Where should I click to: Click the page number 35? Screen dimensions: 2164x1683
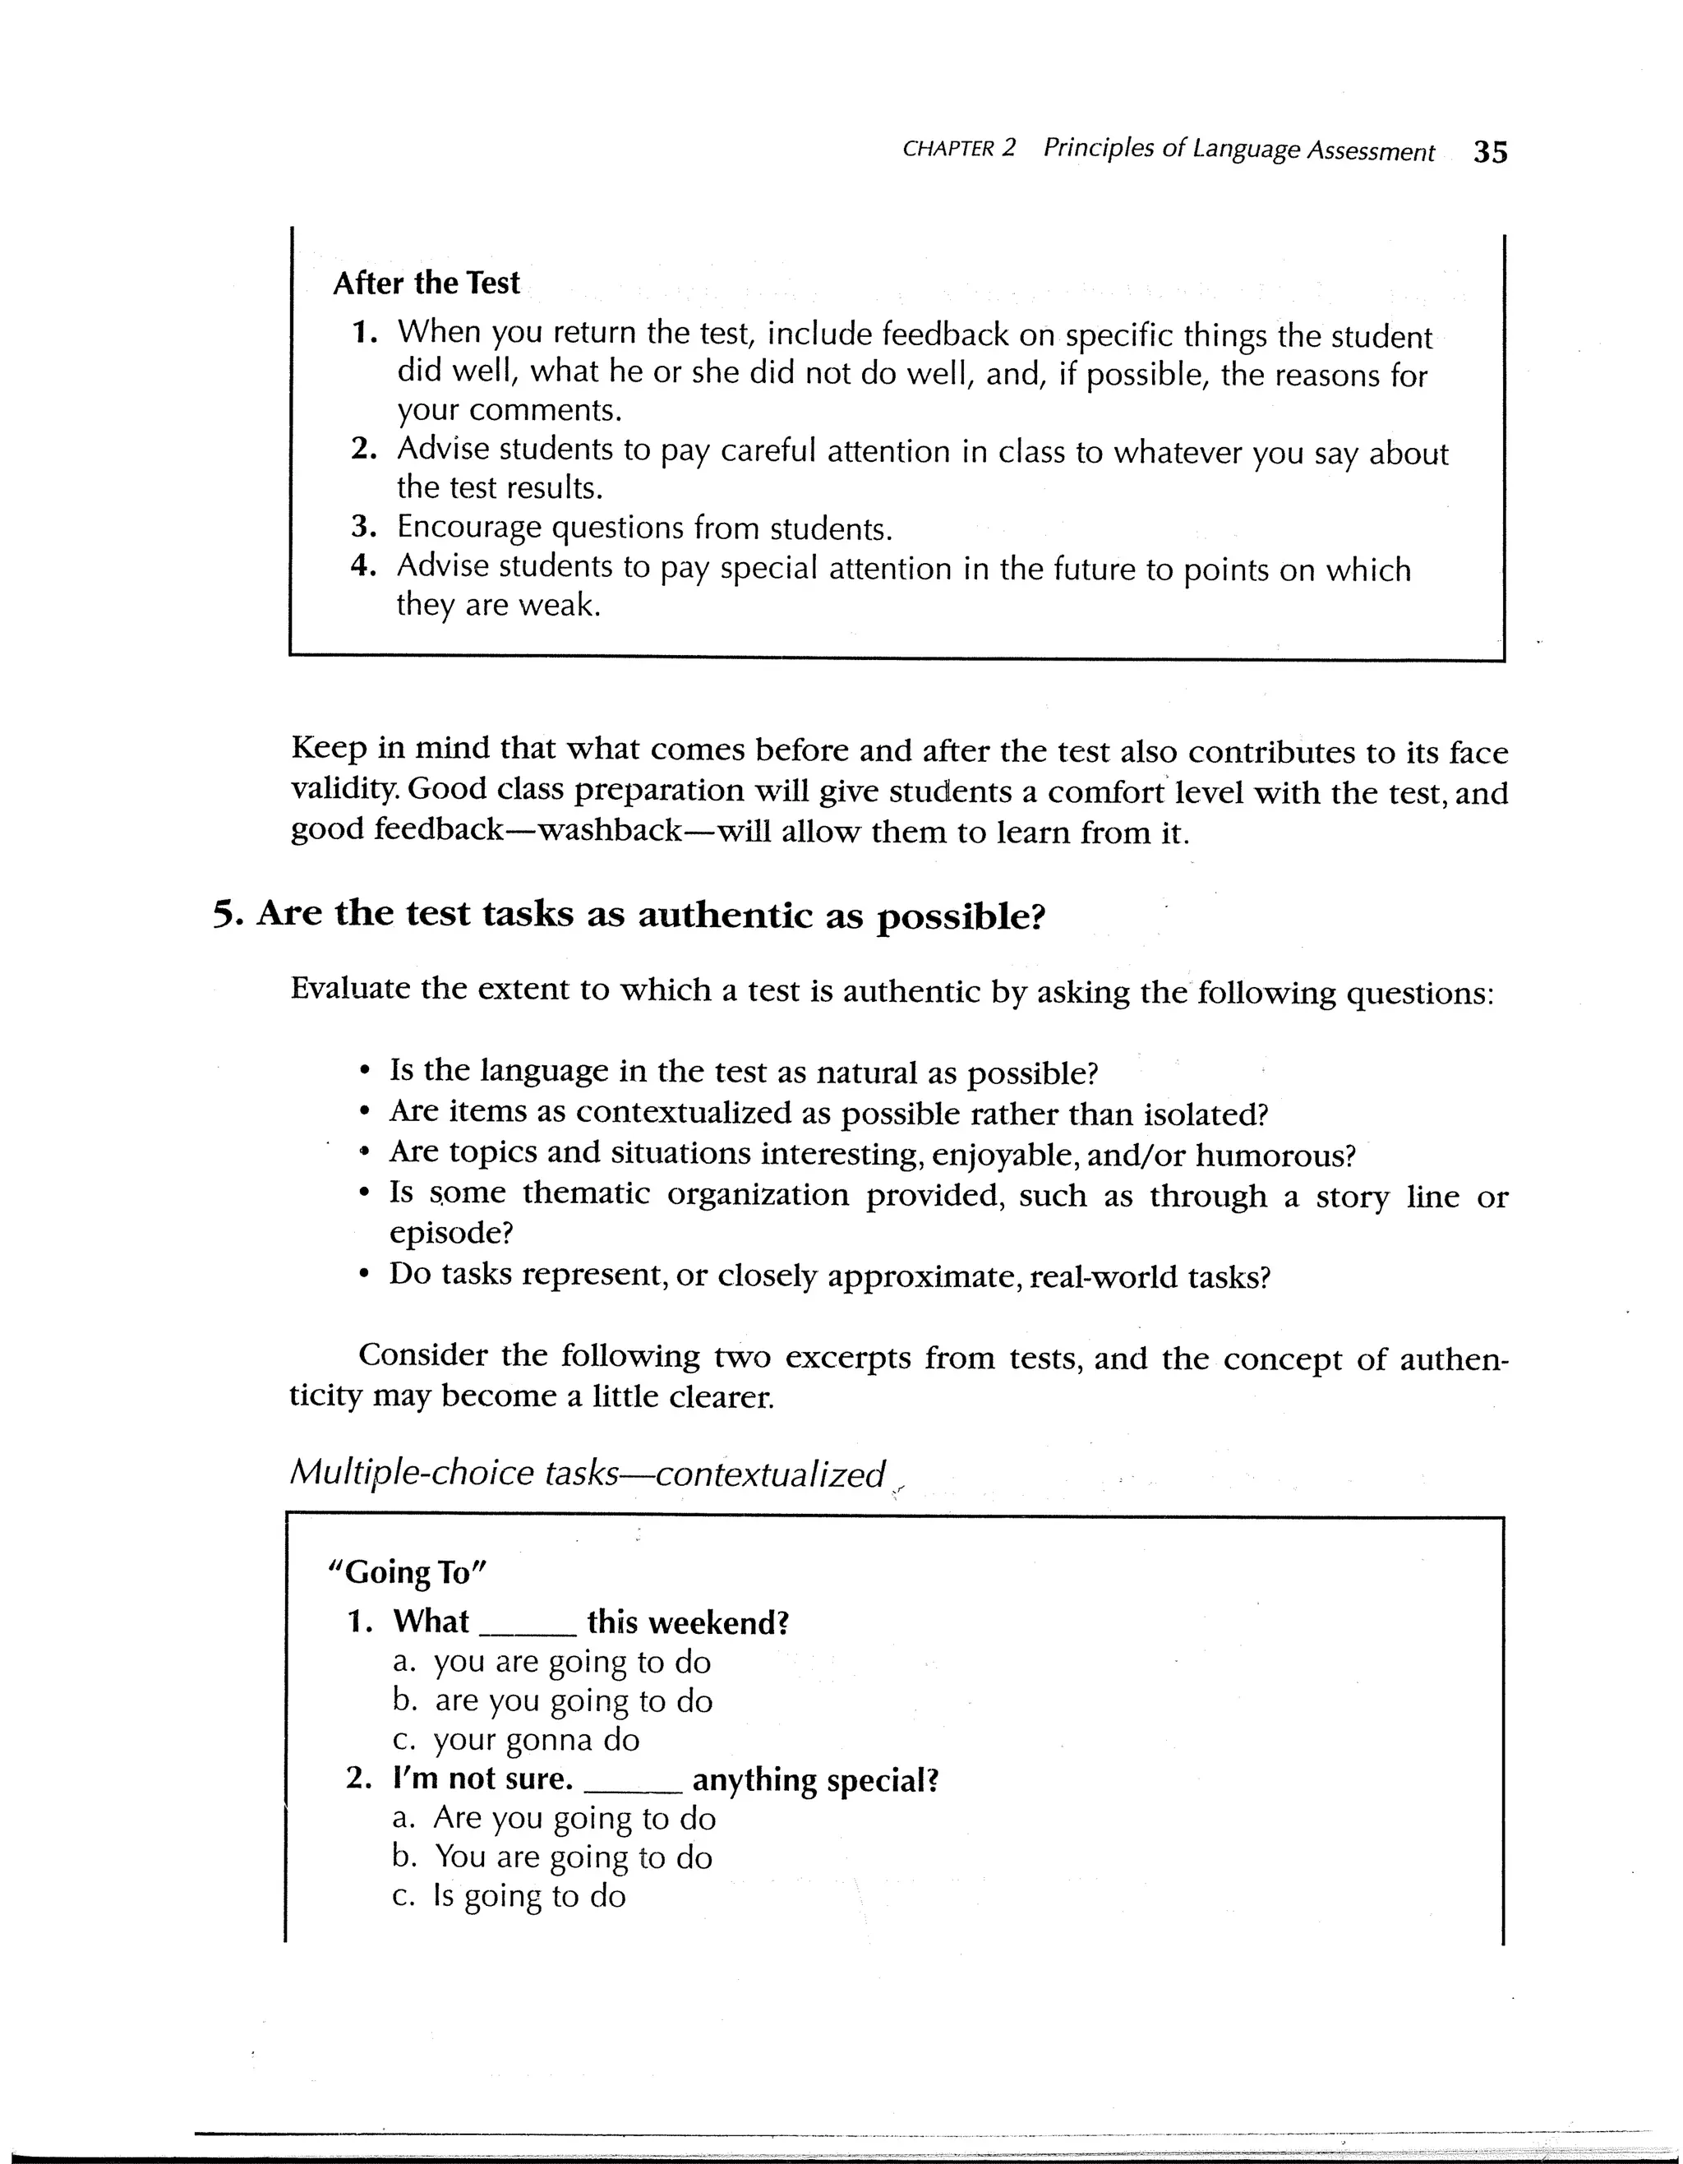coord(1490,151)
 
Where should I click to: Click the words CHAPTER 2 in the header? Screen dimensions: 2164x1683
coord(959,149)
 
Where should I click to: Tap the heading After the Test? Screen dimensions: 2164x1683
coord(426,284)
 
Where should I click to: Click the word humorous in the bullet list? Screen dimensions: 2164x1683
coord(1273,1156)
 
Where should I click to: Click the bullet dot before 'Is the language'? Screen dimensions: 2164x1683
coord(366,1073)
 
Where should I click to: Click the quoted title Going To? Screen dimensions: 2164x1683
coord(407,1572)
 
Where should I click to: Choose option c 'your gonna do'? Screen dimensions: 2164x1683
coord(536,1739)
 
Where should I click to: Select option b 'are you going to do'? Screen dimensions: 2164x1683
coord(573,1700)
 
